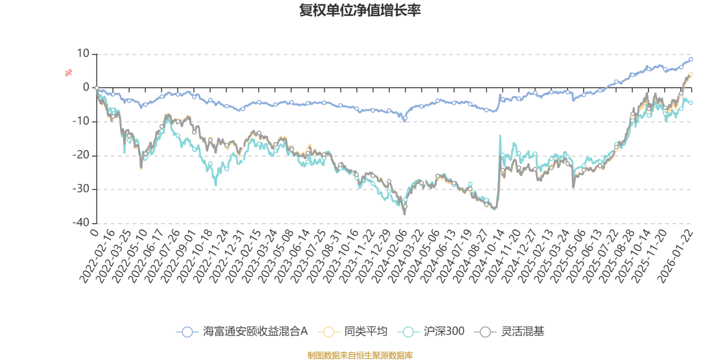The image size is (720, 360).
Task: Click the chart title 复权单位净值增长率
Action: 360,10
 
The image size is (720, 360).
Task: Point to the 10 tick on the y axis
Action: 83,54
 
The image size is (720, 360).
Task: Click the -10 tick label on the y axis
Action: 81,121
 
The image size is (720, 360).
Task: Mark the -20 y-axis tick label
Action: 81,155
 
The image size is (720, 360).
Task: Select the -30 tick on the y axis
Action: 81,189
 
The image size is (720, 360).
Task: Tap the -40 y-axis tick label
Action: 81,223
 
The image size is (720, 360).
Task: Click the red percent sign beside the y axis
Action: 68,73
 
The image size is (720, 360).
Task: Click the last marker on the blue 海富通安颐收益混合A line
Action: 691,59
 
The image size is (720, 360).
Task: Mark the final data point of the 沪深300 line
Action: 691,103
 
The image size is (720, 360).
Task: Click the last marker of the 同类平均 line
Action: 691,74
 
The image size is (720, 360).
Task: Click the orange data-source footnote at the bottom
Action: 360,355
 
